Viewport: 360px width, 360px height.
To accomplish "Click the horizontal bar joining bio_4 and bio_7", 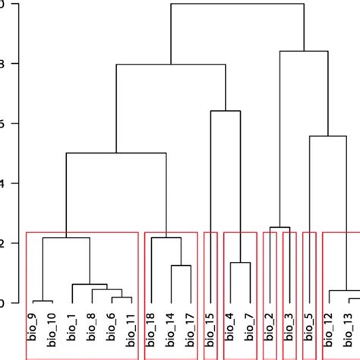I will point(240,263).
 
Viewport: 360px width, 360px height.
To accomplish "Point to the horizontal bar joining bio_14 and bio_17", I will point(180,266).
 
